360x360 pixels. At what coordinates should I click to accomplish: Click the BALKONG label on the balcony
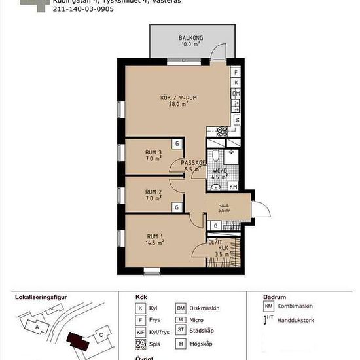pyautogui.click(x=191, y=38)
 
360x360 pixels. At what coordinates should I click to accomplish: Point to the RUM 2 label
pyautogui.click(x=153, y=193)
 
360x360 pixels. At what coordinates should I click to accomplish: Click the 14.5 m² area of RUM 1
pyautogui.click(x=155, y=242)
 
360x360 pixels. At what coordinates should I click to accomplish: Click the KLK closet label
pyautogui.click(x=223, y=248)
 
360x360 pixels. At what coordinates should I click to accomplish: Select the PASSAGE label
pyautogui.click(x=194, y=163)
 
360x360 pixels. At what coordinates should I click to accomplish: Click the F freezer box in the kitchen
pyautogui.click(x=236, y=71)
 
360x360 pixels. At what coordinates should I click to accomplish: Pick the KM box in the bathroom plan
pyautogui.click(x=233, y=187)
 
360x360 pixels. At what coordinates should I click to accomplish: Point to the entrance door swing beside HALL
pyautogui.click(x=260, y=211)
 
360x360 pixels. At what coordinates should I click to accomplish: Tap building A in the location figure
pyautogui.click(x=37, y=327)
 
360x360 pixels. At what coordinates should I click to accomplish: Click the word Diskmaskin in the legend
pyautogui.click(x=206, y=308)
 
